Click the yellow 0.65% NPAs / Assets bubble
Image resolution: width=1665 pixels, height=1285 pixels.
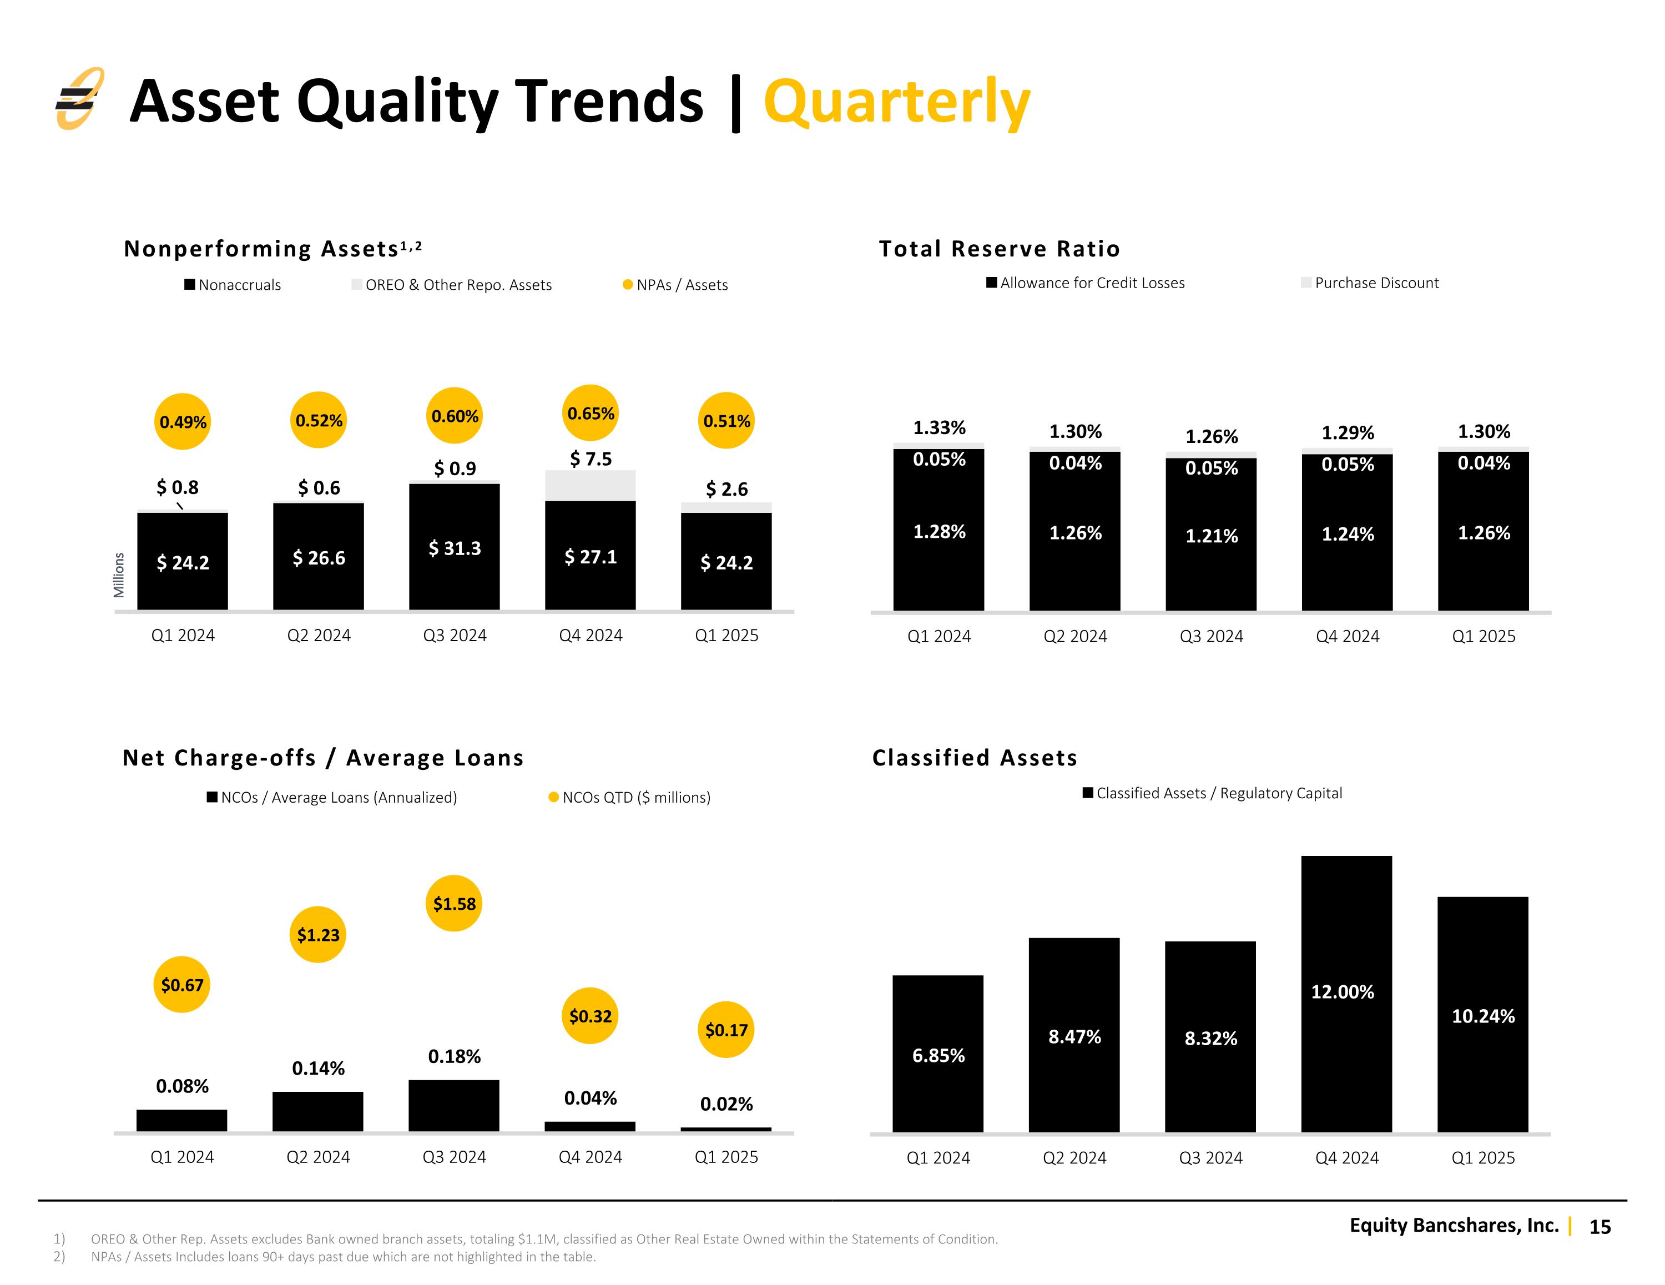(591, 414)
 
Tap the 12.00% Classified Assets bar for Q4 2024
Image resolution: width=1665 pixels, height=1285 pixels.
(1346, 994)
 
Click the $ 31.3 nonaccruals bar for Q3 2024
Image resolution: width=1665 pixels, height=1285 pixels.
(455, 547)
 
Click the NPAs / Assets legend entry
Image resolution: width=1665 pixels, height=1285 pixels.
(675, 285)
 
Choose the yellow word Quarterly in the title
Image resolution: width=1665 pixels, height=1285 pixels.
(897, 103)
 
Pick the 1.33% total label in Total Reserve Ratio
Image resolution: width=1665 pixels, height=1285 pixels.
(939, 428)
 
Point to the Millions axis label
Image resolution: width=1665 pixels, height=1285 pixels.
(119, 575)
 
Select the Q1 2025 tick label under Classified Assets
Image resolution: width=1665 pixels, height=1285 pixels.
(1483, 1158)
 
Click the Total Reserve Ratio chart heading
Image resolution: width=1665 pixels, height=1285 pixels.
(1000, 249)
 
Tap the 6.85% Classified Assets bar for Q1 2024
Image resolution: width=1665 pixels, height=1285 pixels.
(938, 1054)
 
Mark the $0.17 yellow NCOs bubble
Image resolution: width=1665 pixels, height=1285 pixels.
(726, 1030)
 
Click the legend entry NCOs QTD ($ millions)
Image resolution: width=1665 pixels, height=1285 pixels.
(630, 798)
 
